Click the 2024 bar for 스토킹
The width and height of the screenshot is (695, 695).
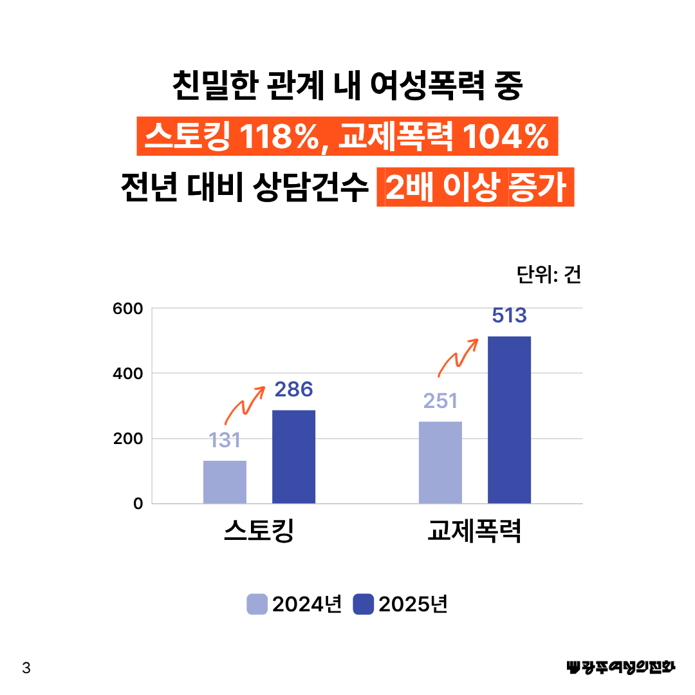tap(225, 482)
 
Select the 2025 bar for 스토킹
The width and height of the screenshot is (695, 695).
tap(293, 457)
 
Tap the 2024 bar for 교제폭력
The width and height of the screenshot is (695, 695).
tap(440, 462)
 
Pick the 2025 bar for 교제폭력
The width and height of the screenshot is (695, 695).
tap(509, 420)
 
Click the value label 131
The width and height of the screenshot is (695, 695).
tap(225, 441)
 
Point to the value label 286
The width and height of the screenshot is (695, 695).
tap(293, 390)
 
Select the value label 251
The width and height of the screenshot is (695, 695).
tap(440, 402)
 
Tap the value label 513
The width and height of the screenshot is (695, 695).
tap(509, 316)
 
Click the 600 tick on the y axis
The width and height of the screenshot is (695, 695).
tap(128, 309)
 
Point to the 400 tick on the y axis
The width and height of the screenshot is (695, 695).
tap(128, 374)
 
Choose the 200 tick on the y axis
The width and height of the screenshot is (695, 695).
tap(128, 439)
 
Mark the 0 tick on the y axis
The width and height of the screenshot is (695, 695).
tap(138, 504)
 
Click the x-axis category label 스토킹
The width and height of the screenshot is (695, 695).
tap(259, 532)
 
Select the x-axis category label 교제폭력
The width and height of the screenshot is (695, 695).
tap(475, 532)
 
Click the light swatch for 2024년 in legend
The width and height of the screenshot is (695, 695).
tap(257, 604)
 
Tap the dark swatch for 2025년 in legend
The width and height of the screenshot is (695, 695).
tap(364, 604)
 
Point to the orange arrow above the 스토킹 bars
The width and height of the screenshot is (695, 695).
tap(245, 404)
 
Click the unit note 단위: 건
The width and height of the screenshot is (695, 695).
tap(549, 275)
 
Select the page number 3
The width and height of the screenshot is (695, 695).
tap(26, 668)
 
